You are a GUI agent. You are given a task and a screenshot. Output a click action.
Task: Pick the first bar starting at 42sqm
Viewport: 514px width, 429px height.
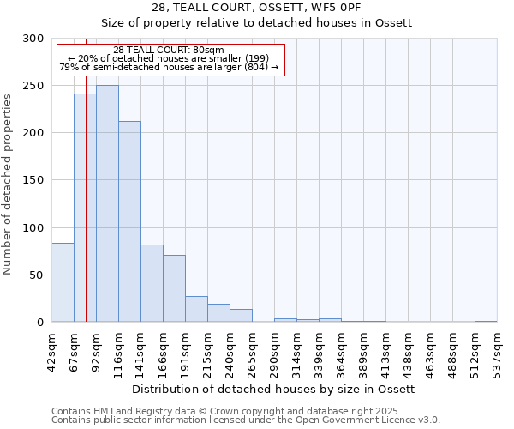[x=63, y=282]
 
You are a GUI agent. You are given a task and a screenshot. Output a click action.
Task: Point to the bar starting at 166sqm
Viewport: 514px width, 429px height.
[x=174, y=288]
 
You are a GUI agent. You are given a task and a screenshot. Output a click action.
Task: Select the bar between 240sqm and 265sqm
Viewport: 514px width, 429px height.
[x=241, y=315]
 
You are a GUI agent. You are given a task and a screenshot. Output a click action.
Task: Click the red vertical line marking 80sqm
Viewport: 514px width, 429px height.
[x=86, y=172]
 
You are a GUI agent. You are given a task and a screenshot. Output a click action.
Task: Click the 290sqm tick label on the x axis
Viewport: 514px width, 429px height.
[x=274, y=353]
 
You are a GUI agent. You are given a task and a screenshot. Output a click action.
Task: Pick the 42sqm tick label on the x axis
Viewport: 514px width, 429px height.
[x=51, y=353]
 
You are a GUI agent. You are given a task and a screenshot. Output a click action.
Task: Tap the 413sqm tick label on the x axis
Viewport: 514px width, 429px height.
[x=385, y=353]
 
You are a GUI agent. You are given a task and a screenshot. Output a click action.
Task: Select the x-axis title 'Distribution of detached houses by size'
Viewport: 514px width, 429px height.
[x=274, y=389]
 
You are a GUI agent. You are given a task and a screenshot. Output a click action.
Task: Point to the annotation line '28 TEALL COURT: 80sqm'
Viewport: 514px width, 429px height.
[x=169, y=50]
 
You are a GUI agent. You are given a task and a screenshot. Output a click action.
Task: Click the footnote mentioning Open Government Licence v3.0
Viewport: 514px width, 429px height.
[x=246, y=420]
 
